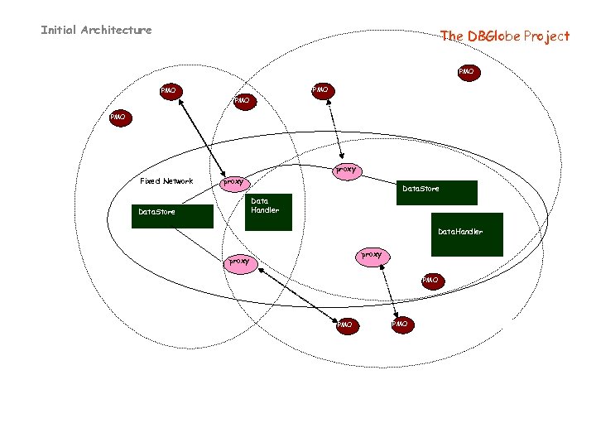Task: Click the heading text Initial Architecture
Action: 96,31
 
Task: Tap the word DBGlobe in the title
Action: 493,36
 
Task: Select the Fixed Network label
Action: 166,181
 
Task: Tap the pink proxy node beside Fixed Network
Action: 234,181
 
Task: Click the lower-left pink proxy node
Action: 239,261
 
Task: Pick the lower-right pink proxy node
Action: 372,255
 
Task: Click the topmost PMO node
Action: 466,72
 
